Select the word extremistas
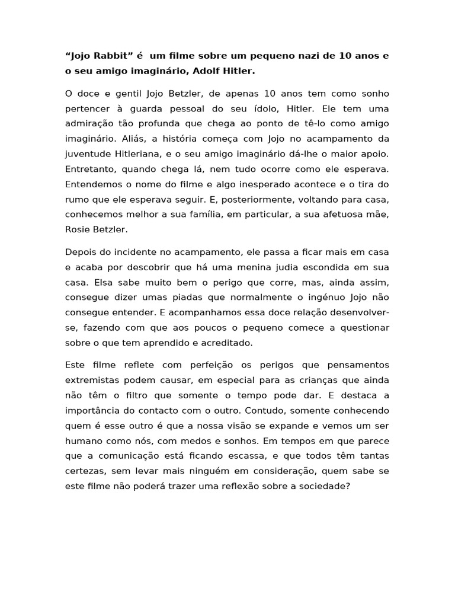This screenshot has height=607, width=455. (x=92, y=380)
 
